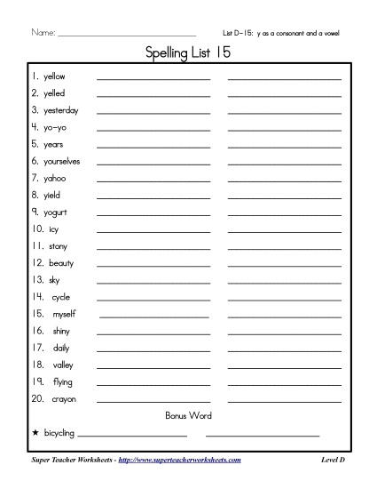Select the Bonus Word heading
(x=188, y=415)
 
